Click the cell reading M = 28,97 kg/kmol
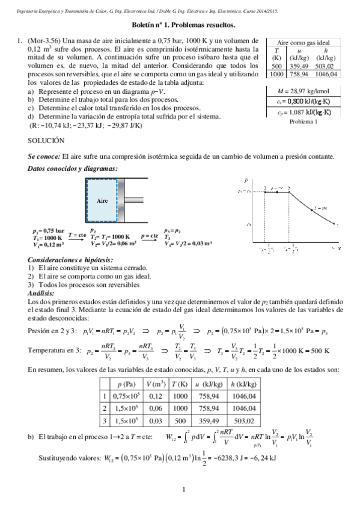pyautogui.click(x=302, y=90)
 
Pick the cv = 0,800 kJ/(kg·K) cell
pyautogui.click(x=302, y=102)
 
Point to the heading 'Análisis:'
pyautogui.click(x=42, y=293)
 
